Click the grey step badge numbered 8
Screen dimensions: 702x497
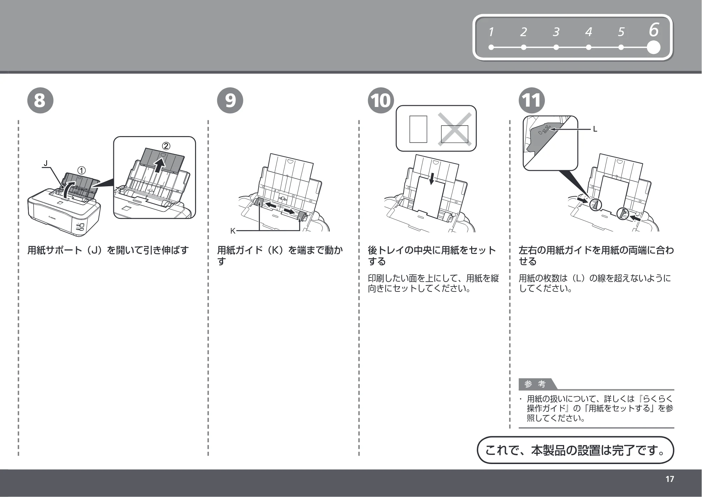(40, 100)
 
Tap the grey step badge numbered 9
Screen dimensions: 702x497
(230, 100)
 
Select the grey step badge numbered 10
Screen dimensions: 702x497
(381, 100)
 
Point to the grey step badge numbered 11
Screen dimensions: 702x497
(532, 100)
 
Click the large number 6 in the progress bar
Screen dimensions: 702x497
(654, 30)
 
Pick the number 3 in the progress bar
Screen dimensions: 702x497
(556, 32)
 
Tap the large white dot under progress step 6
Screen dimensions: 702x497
(653, 47)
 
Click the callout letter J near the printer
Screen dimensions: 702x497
(45, 163)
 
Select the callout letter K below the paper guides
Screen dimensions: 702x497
(233, 231)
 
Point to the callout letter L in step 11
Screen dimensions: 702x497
(595, 129)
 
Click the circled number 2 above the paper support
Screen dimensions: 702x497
(166, 146)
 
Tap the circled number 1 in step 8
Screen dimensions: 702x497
(81, 170)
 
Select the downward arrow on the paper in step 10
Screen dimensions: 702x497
(432, 179)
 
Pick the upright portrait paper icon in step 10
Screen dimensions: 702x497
(418, 129)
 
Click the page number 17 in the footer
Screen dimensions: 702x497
(670, 479)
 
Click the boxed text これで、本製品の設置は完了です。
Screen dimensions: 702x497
(575, 450)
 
